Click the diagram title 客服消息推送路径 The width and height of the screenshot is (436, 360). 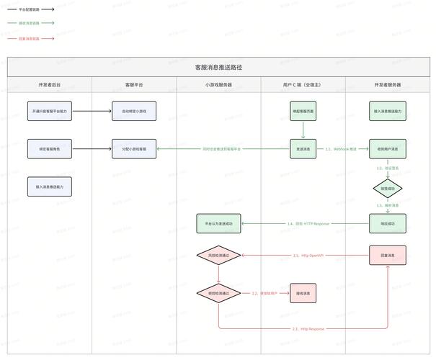[218, 67]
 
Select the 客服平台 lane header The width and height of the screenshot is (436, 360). [133, 85]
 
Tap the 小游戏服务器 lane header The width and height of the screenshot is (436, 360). [218, 85]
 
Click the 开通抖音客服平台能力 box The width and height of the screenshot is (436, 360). [50, 111]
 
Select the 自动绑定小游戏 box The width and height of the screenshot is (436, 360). [133, 111]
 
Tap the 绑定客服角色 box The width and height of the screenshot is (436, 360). [50, 149]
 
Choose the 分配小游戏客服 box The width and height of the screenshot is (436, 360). [133, 149]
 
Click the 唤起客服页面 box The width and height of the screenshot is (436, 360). [303, 111]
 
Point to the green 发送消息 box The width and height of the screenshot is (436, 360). [303, 149]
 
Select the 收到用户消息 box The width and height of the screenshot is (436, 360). [388, 149]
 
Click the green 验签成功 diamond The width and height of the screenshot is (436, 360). [388, 189]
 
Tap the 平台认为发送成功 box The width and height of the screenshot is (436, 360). [218, 223]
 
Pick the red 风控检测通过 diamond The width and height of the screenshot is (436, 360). [218, 256]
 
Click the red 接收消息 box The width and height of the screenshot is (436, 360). [303, 293]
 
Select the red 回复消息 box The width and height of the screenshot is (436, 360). [388, 256]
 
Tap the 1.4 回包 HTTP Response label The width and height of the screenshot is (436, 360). [308, 223]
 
